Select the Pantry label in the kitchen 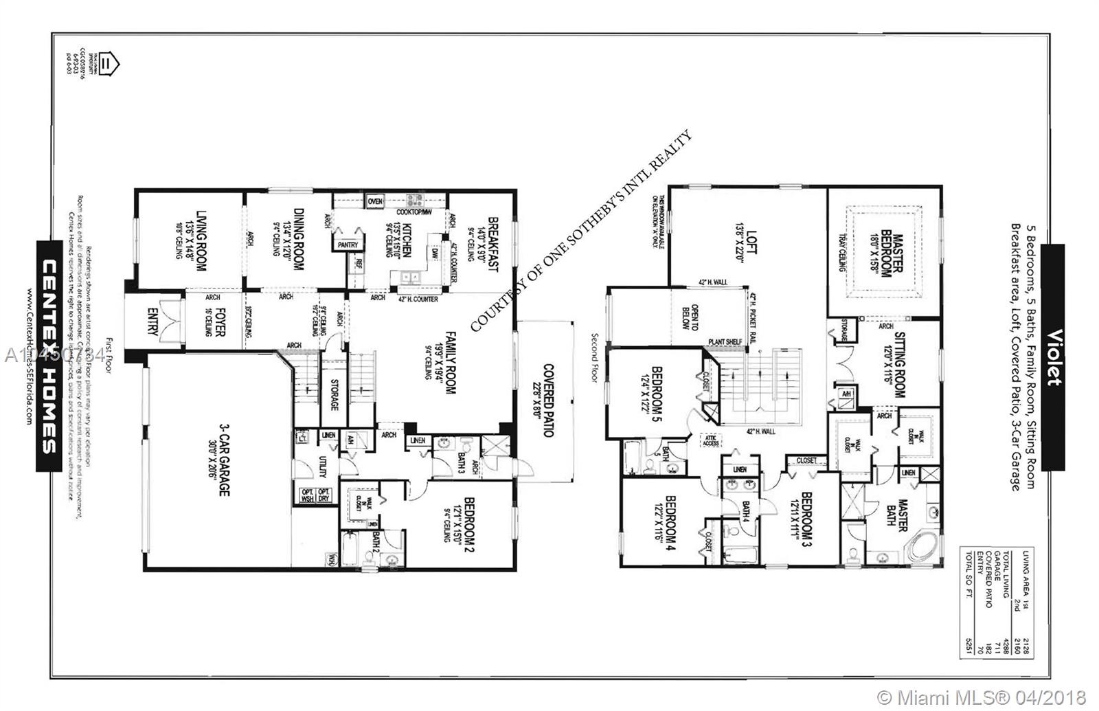coord(346,244)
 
